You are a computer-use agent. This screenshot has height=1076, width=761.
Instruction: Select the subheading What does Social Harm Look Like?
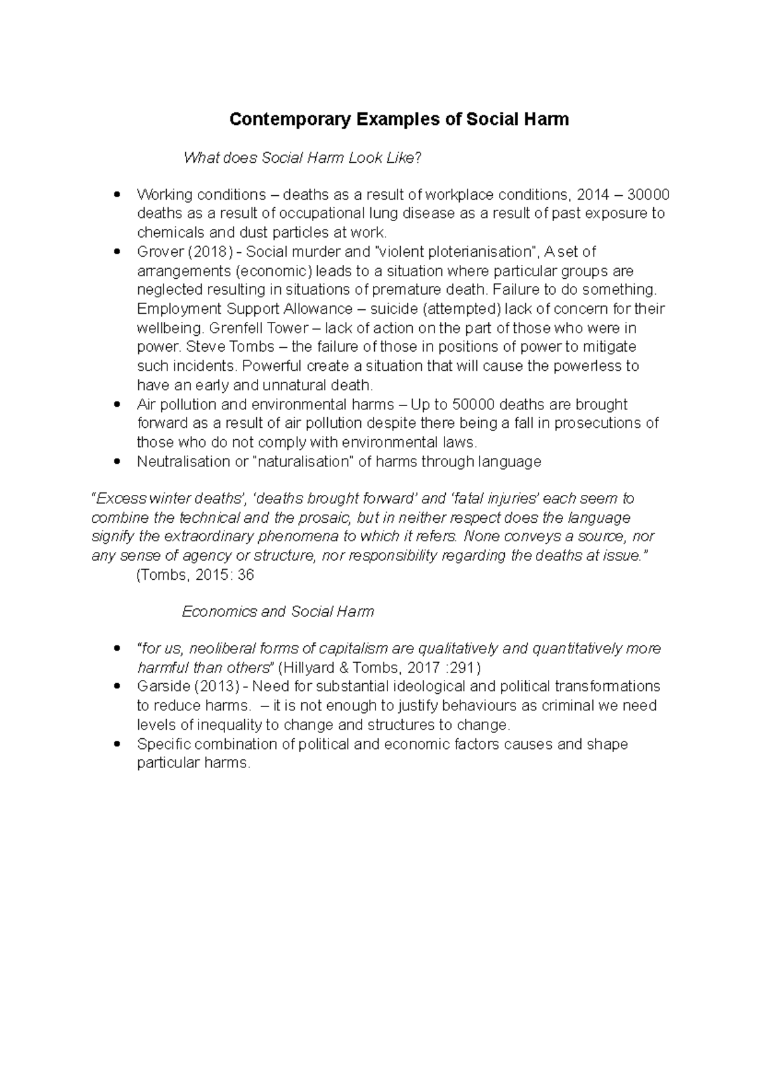pos(302,158)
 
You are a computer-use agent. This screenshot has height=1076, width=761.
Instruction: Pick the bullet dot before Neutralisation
pos(115,462)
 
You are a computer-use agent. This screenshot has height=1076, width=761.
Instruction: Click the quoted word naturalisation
pos(303,461)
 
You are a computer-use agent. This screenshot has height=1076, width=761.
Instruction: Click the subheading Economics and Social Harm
pos(278,612)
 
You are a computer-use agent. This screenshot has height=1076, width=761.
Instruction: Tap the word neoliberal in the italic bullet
pos(223,649)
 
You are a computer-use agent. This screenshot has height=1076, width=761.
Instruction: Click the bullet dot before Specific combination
pos(115,745)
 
